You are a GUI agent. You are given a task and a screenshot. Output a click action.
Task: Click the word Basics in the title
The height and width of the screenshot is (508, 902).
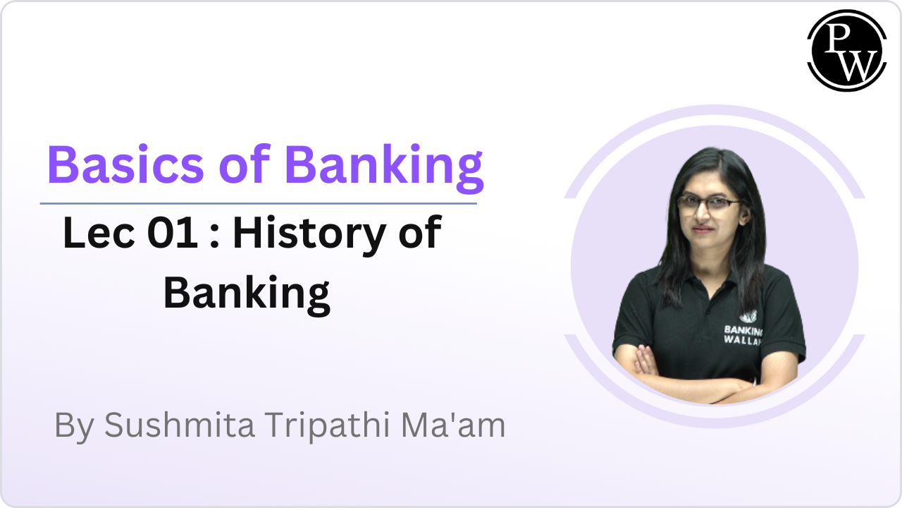(123, 164)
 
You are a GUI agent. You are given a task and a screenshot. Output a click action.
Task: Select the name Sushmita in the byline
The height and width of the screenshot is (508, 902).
(179, 425)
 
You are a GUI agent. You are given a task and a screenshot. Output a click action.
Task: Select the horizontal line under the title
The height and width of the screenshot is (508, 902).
(258, 203)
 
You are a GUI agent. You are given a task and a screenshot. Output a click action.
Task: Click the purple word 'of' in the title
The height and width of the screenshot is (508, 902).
(243, 164)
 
